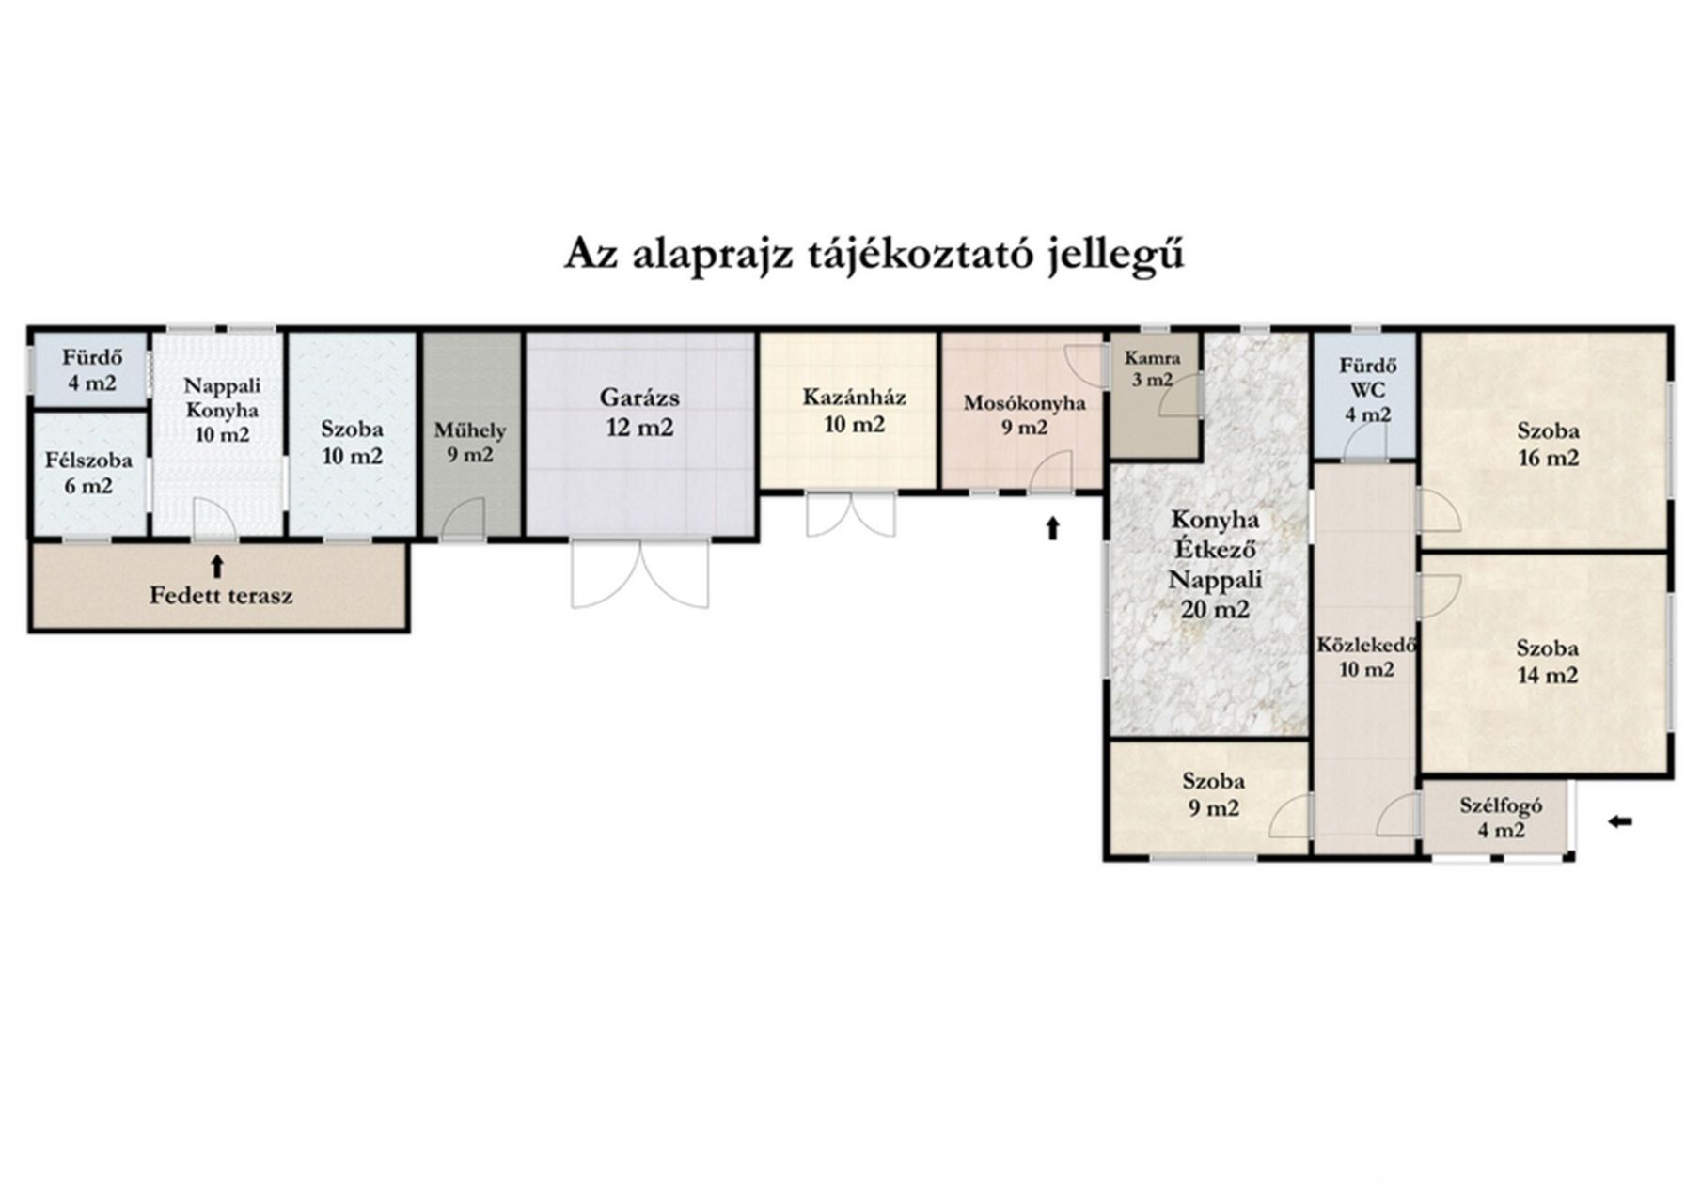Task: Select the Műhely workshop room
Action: point(470,434)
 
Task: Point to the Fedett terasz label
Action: point(221,595)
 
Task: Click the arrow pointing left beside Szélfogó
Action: point(1619,822)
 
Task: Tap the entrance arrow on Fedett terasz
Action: point(217,566)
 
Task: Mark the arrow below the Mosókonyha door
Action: point(1052,528)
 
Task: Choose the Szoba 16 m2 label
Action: point(1548,445)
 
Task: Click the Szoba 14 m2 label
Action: point(1547,662)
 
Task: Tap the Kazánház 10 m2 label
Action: point(854,411)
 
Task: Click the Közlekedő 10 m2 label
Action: point(1366,657)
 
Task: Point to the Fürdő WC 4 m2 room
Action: point(1365,395)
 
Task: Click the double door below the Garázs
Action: point(639,574)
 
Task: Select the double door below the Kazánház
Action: point(851,515)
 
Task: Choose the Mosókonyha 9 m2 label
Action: point(1024,414)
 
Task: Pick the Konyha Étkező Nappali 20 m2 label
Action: point(1215,564)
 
